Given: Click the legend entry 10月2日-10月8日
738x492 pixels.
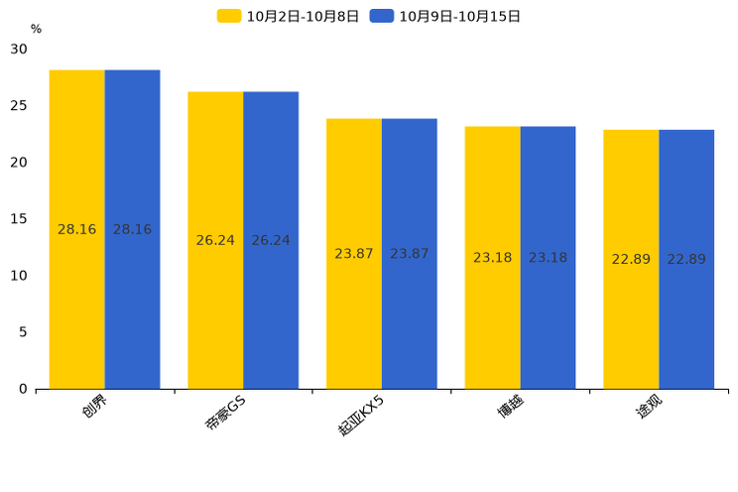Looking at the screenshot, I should (x=289, y=16).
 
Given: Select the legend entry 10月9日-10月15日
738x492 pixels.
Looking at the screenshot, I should (x=445, y=16).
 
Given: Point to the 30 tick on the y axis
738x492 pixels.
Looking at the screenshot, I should (x=20, y=49).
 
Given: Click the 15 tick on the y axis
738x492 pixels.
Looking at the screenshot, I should (x=20, y=218).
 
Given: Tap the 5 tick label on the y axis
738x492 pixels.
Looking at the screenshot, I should (x=23, y=332).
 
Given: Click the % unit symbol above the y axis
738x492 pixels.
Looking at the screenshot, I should (x=36, y=29).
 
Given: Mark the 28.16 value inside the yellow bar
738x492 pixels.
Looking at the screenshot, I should (x=77, y=229).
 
